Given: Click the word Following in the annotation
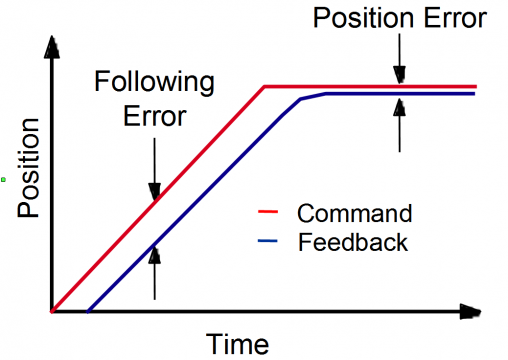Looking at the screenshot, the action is point(154,82).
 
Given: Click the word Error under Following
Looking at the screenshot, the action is point(155,116).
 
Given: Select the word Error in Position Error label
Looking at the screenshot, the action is point(456,18).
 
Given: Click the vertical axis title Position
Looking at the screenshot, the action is point(29,168).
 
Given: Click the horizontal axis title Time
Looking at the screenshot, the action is point(237,344).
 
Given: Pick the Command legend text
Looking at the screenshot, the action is point(355,213).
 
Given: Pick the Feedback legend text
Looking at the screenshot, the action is point(353,242).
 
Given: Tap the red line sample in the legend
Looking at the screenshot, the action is point(268,211).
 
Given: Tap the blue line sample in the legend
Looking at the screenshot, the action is point(268,240).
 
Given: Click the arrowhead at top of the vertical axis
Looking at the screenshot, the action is point(52,48).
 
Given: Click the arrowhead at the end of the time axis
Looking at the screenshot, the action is point(470,311).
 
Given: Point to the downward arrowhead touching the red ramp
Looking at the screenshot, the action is point(154,192).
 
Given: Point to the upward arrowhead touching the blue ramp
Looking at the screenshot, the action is point(154,255).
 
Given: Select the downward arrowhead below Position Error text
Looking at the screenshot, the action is point(399,75).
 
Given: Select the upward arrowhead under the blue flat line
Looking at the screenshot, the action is point(399,107).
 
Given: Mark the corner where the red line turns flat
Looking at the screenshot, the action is point(265,87).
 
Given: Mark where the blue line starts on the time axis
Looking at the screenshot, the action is point(88,312).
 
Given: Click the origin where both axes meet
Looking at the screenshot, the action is point(52,312).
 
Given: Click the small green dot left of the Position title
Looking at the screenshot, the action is point(3,180).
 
